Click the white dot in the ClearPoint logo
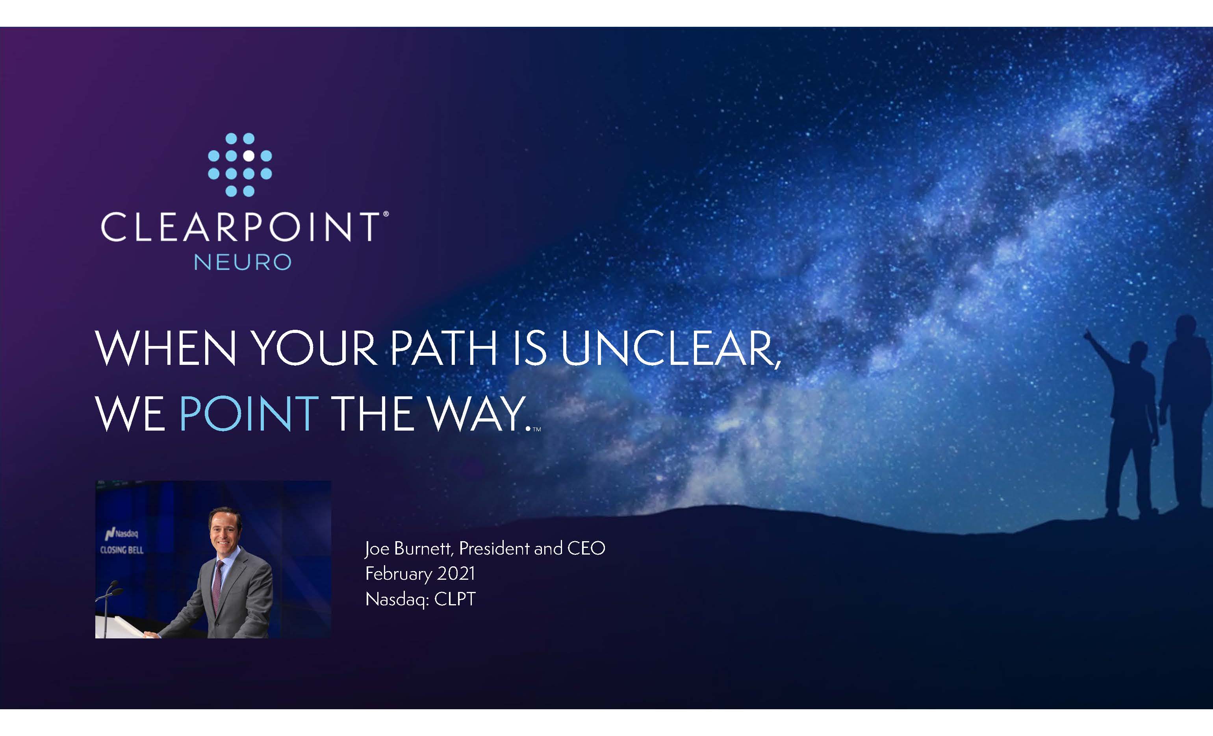tap(249, 156)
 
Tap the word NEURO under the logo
tap(243, 262)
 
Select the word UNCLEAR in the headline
tap(670, 348)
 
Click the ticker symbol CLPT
tap(455, 599)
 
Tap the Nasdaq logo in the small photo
tap(122, 533)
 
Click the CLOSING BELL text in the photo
tap(122, 549)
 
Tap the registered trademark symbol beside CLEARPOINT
tap(386, 214)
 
